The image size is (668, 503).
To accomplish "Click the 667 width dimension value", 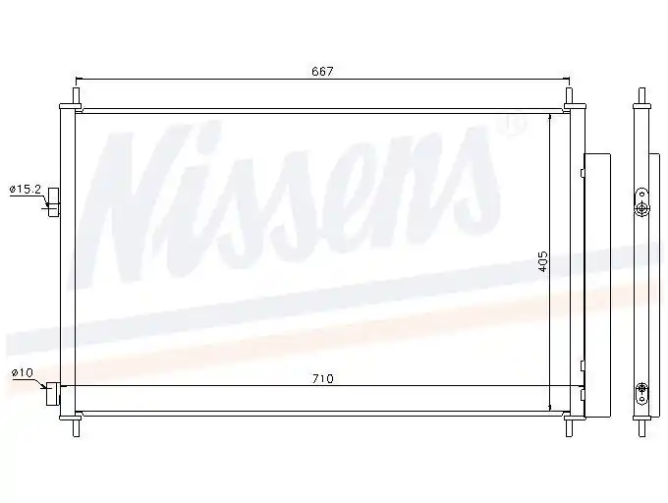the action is [x=322, y=71].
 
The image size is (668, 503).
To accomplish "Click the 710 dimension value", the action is [x=322, y=378].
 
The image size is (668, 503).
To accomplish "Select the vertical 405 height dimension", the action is [x=543, y=261].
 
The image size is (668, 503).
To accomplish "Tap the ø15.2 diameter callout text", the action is [x=26, y=189].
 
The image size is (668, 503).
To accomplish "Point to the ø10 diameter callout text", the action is [x=23, y=372].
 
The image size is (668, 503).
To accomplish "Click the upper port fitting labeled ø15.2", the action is [x=54, y=202].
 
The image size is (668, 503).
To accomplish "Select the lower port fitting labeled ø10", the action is [x=53, y=394].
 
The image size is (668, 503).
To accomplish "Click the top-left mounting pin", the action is [x=77, y=98].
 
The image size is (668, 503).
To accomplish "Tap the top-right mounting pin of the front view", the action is [x=569, y=98].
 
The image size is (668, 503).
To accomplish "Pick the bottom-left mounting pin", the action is [x=77, y=426].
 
